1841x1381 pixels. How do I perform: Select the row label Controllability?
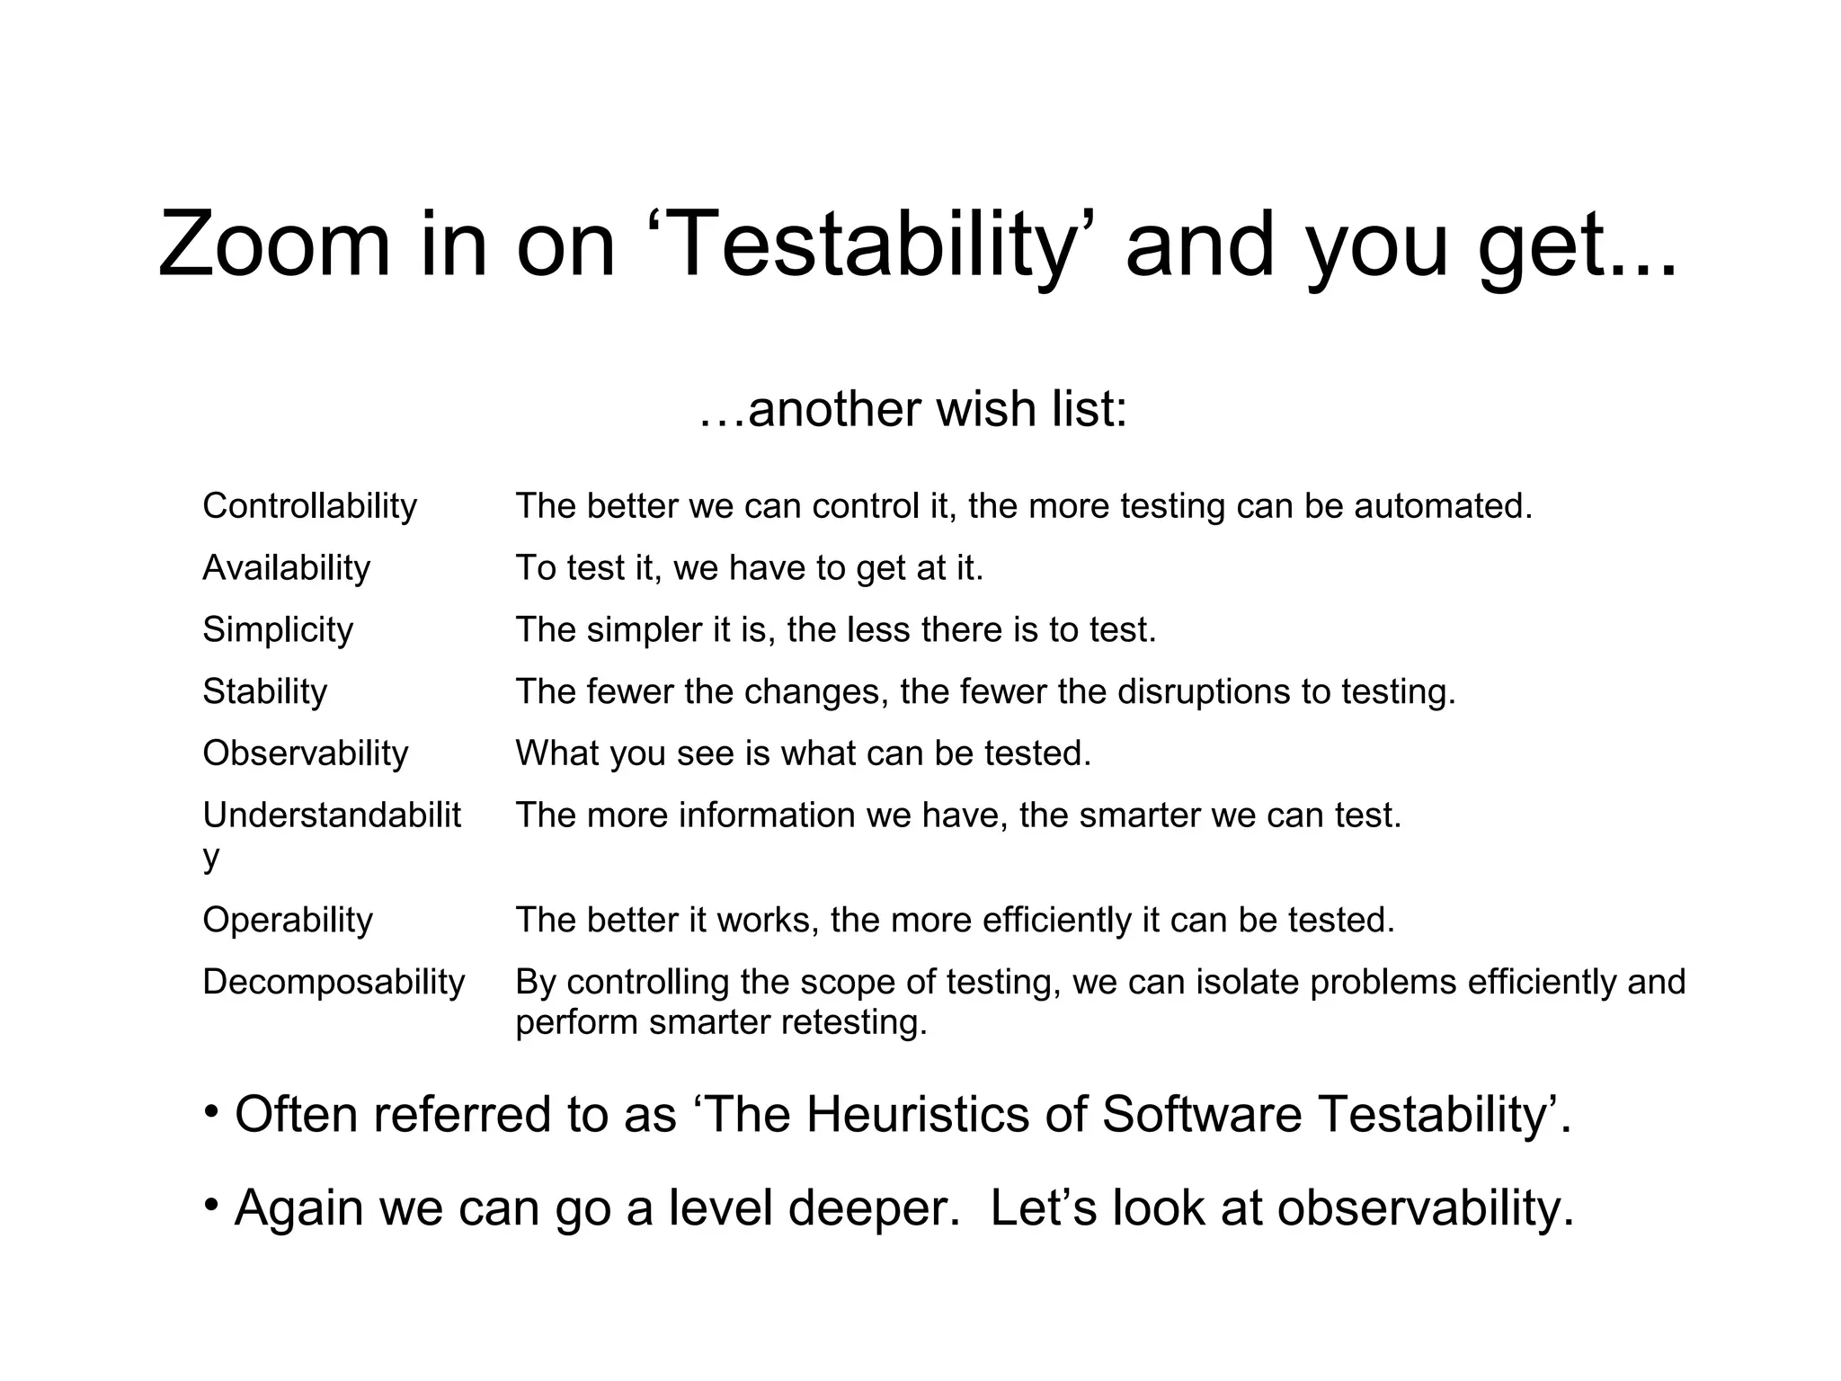click(310, 506)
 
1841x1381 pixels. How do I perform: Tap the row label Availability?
click(287, 568)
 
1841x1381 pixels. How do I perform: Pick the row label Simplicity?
click(278, 629)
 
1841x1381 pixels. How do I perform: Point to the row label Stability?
click(265, 691)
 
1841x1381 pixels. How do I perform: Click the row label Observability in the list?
click(306, 753)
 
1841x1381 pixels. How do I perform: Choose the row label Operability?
click(288, 920)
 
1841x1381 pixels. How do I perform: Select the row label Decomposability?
click(334, 982)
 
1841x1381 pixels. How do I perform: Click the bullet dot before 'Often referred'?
click(211, 1112)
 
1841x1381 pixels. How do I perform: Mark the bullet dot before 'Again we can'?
click(211, 1205)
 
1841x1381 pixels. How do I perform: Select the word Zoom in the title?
click(274, 245)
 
